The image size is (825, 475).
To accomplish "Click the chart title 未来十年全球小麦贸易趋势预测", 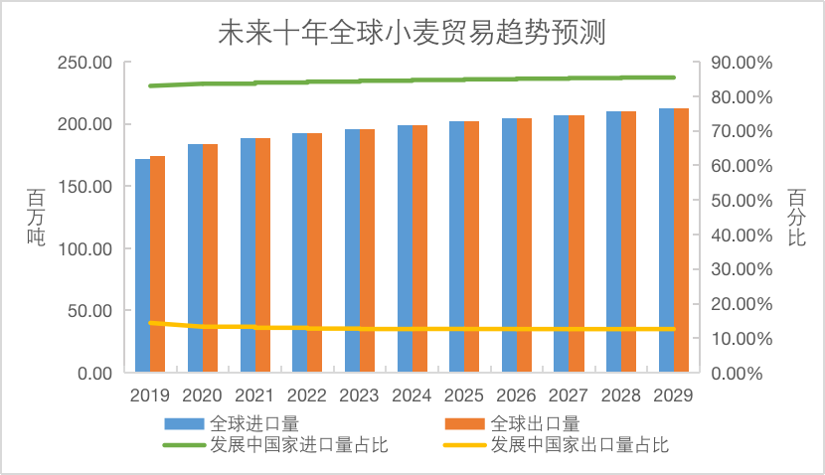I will pos(412,32).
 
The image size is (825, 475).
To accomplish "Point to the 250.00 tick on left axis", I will pos(84,63).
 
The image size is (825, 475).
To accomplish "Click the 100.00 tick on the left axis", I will pos(84,248).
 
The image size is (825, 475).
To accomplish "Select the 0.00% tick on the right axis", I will pos(736,373).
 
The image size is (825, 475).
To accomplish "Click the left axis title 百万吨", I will pos(34,218).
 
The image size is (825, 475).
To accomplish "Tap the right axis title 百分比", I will pos(795,218).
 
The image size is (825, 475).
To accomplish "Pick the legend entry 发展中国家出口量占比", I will pos(579,444).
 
